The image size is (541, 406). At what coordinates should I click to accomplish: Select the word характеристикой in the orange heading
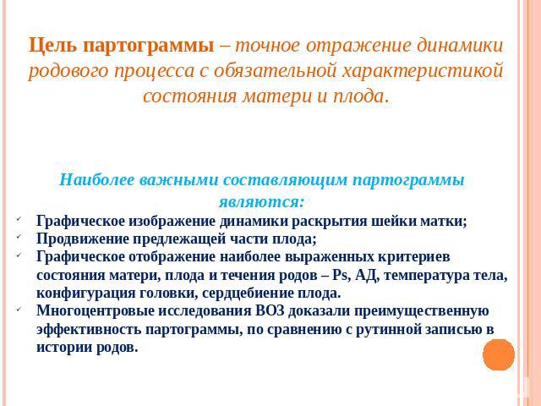click(423, 71)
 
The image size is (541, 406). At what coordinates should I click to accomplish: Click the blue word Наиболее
click(96, 180)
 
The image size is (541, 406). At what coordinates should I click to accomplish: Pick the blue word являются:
click(262, 201)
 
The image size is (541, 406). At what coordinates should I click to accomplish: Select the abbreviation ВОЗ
click(270, 310)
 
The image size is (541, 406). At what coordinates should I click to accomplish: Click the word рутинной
click(388, 329)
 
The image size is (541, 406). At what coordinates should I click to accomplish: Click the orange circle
click(499, 354)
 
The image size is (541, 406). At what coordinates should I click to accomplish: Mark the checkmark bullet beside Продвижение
click(18, 237)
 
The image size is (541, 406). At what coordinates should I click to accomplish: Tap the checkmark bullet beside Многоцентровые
click(18, 309)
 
